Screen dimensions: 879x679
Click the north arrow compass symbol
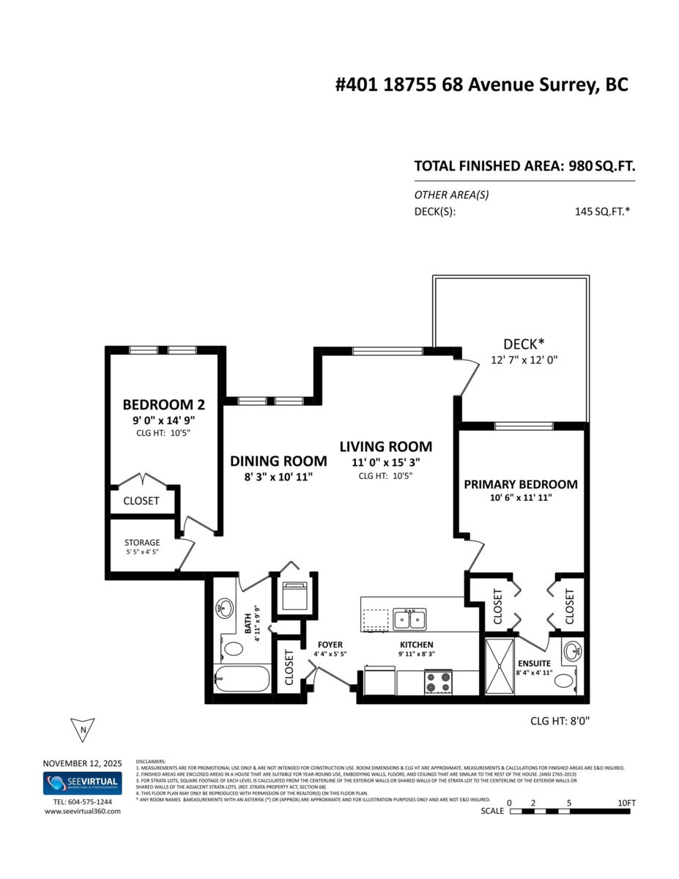click(84, 729)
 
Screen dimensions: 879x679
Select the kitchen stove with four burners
click(438, 682)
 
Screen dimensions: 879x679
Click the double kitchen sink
click(409, 620)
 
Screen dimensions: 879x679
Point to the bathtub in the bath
click(242, 679)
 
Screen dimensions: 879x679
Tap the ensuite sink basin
click(574, 650)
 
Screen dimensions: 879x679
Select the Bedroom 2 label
click(163, 404)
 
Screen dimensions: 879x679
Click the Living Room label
click(385, 446)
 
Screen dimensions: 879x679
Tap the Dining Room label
click(278, 461)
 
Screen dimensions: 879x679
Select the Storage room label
click(142, 543)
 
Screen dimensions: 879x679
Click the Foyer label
click(330, 645)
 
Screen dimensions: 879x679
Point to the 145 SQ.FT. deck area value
click(603, 212)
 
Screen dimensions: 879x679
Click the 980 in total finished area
click(580, 166)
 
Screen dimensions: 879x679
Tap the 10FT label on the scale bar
click(626, 803)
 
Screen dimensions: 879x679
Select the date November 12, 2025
click(81, 762)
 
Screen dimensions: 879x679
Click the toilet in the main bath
click(234, 648)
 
